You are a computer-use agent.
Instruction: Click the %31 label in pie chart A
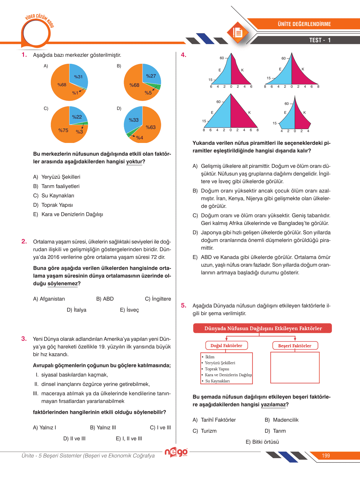[x=78, y=77]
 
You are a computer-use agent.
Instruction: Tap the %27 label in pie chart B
[x=151, y=76]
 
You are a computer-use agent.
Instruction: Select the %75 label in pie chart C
[x=63, y=130]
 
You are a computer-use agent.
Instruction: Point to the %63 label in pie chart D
[x=150, y=127]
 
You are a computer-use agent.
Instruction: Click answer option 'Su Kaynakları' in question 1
[x=58, y=196]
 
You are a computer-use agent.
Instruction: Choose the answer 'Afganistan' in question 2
[x=52, y=299]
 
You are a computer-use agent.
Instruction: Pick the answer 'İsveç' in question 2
[x=132, y=310]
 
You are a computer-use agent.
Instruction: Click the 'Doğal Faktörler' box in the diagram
[x=226, y=346]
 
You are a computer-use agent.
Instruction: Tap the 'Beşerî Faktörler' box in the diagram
[x=295, y=346]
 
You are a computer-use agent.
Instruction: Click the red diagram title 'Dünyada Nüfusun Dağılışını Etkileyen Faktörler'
[x=263, y=328]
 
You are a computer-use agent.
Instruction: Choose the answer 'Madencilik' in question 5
[x=286, y=420]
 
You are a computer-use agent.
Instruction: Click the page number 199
[x=326, y=456]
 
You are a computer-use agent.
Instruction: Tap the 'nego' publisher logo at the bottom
[x=176, y=452]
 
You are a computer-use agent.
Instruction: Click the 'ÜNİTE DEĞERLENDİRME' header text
[x=304, y=24]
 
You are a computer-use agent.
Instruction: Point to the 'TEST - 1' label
[x=320, y=40]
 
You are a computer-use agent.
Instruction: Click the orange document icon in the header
[x=238, y=32]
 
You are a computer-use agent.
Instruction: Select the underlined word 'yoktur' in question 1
[x=134, y=162]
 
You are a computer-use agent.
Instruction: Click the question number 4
[x=184, y=55]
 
